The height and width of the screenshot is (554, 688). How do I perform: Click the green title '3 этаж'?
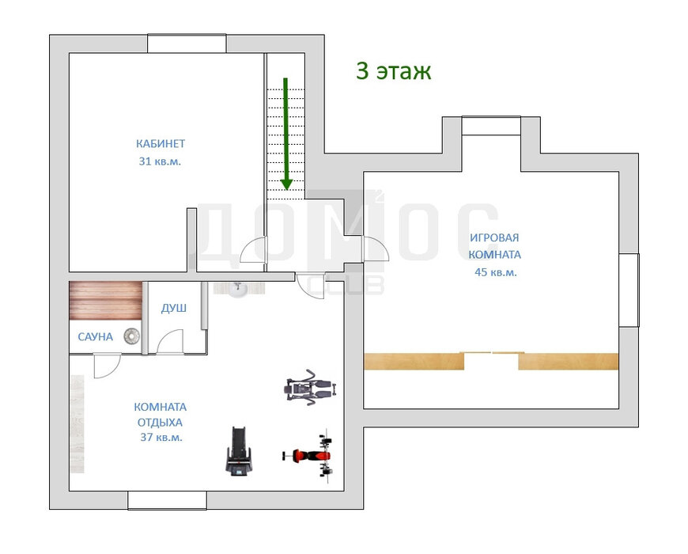pos(393,71)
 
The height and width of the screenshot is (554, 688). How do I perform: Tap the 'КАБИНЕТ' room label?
pos(161,143)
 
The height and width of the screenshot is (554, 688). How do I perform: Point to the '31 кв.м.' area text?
pos(160,161)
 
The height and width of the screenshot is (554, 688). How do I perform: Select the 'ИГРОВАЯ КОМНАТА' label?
pos(494,246)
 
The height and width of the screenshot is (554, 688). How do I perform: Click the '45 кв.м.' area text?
pos(495,272)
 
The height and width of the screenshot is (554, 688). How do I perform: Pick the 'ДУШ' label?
pos(174,308)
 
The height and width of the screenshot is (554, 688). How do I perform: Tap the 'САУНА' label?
pos(95,336)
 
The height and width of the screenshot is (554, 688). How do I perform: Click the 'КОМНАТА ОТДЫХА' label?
pos(161,415)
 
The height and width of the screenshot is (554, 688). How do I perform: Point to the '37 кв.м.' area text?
pos(161,437)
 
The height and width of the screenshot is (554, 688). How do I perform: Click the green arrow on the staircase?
pos(285,134)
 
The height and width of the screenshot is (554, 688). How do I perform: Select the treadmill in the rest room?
pos(239,450)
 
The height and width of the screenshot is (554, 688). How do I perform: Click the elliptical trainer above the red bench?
pos(311,387)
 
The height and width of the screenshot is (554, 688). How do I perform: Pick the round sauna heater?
pos(131,336)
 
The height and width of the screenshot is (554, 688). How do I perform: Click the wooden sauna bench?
pos(105,301)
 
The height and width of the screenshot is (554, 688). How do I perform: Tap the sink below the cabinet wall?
pos(239,288)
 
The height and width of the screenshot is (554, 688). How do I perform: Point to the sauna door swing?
pos(107,365)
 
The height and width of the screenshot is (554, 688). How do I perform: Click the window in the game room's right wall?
pos(629,290)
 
